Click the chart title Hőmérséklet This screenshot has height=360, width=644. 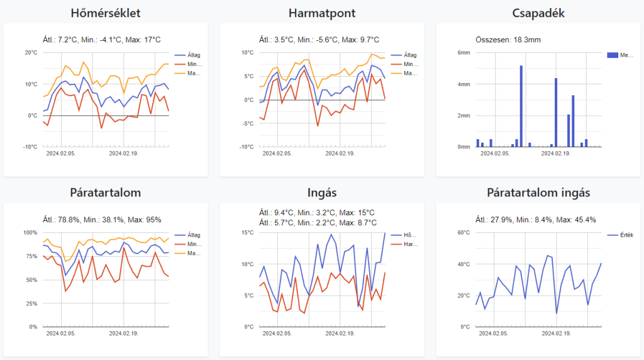[x=105, y=13]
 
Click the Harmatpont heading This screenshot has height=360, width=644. [x=321, y=13]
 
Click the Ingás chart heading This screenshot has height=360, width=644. [x=321, y=193]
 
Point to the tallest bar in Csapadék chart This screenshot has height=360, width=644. [x=521, y=106]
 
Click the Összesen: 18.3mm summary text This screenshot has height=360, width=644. [x=509, y=40]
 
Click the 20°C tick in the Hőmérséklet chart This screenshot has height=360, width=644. [x=30, y=53]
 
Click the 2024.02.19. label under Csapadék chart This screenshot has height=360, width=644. [x=555, y=153]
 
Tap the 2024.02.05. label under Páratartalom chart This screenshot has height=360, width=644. [x=61, y=333]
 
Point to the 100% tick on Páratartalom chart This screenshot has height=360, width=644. [x=30, y=233]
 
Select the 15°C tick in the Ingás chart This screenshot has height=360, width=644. [x=247, y=233]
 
